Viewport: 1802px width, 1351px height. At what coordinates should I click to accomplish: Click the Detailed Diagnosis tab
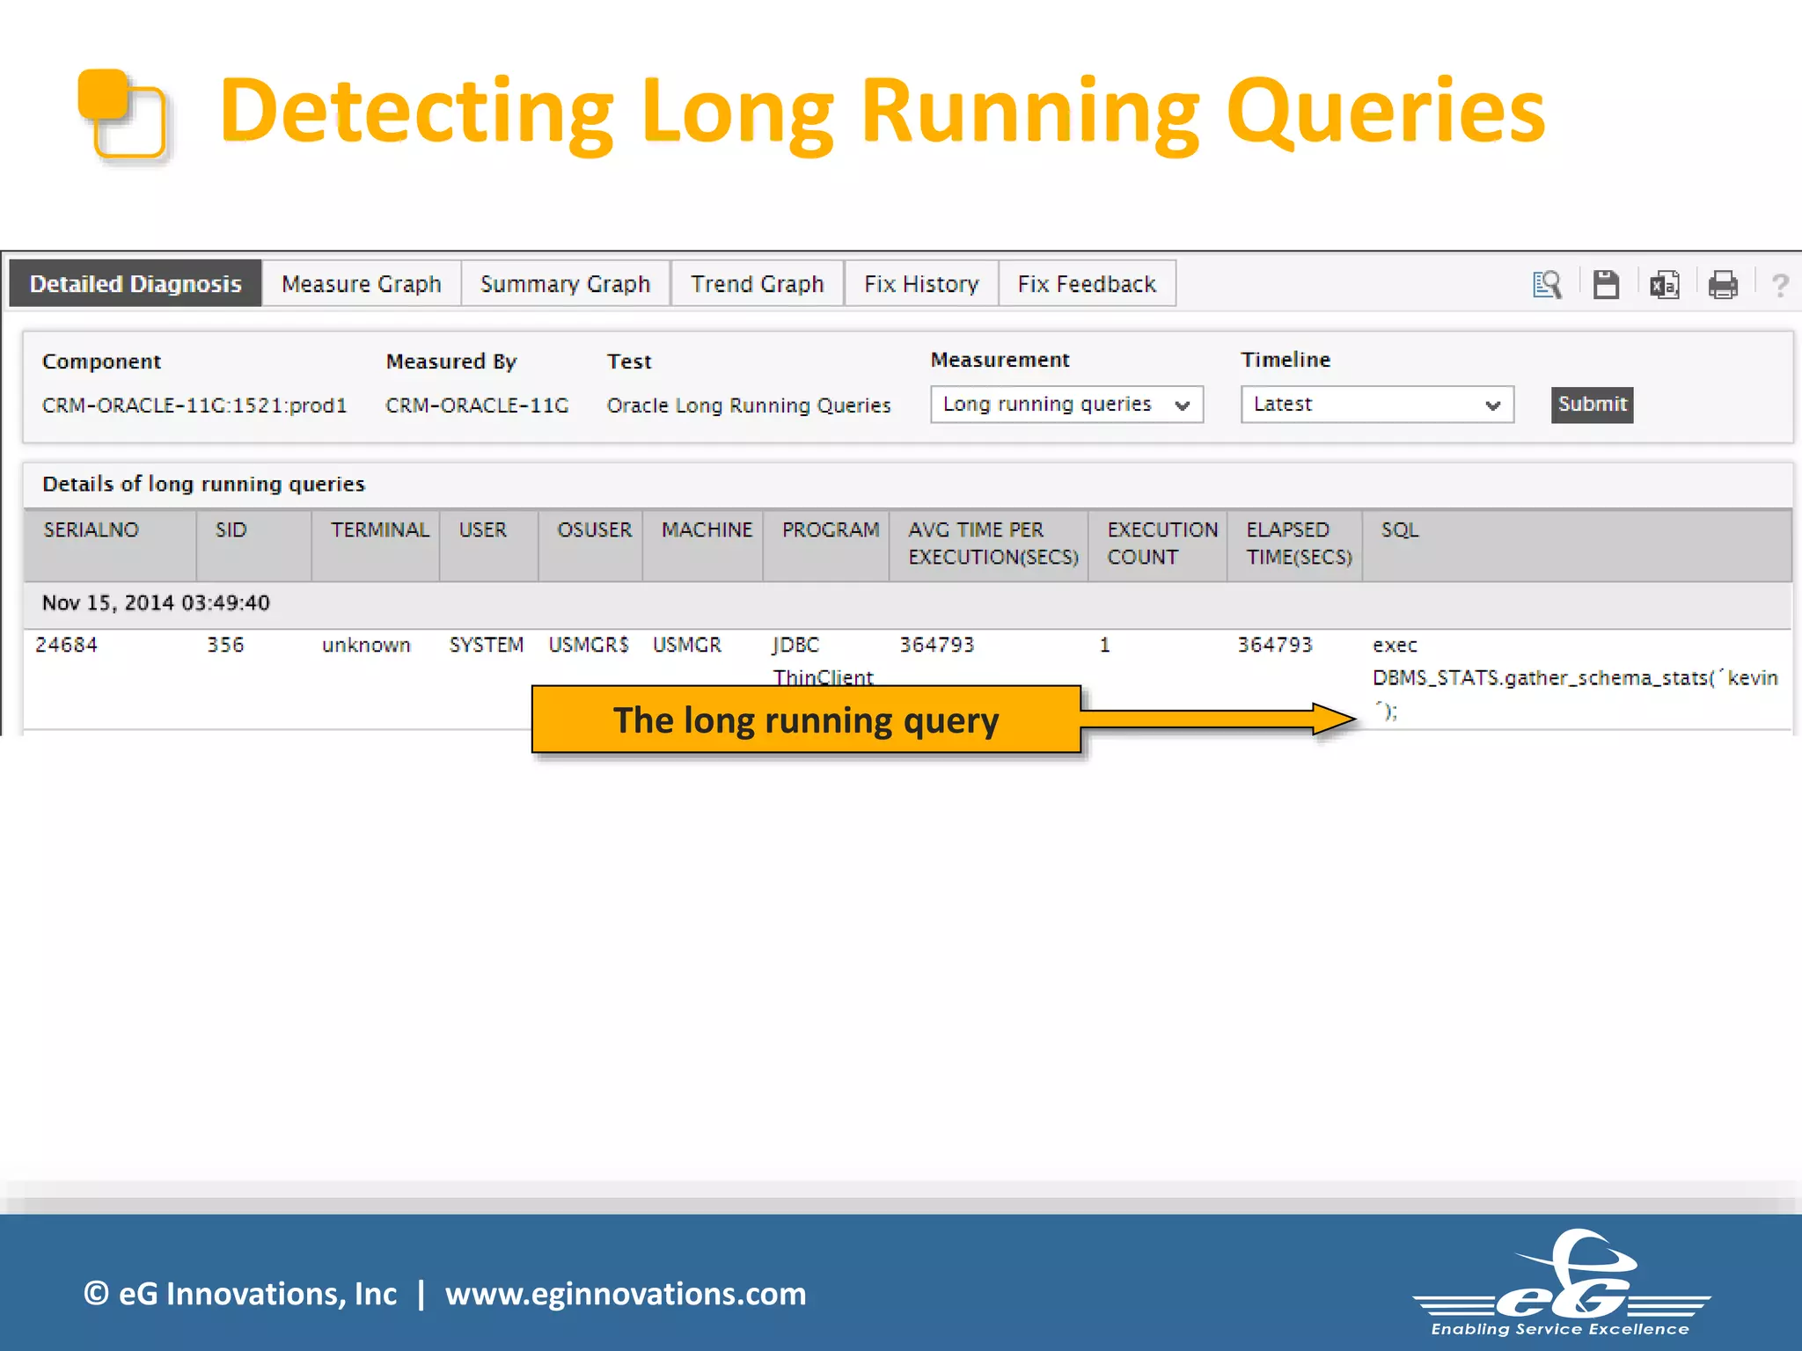tap(136, 284)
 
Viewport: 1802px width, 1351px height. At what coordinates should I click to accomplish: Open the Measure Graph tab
tap(361, 284)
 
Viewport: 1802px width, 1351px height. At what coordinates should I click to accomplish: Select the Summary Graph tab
tap(565, 284)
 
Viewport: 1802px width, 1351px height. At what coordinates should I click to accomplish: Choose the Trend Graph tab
tap(757, 284)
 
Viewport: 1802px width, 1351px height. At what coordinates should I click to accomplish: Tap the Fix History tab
tap(920, 284)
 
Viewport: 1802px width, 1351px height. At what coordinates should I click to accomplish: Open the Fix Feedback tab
tap(1087, 284)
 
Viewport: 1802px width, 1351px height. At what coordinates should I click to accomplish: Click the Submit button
tap(1592, 405)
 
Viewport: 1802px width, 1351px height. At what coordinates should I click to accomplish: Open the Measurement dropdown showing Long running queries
tap(1066, 405)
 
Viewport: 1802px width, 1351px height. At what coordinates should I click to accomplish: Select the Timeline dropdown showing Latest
tap(1376, 405)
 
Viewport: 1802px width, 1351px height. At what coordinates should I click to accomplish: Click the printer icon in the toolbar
tap(1722, 285)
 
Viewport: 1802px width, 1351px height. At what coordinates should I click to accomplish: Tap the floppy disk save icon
tap(1606, 285)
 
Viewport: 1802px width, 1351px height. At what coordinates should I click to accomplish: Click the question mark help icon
tap(1779, 285)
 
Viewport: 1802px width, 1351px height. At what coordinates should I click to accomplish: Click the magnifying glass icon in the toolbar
tap(1546, 285)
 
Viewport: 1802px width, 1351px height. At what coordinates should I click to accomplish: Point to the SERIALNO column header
tap(92, 530)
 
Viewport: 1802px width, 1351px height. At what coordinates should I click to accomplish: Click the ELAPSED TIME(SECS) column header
tap(1298, 544)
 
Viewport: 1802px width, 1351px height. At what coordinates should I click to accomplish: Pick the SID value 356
tap(225, 645)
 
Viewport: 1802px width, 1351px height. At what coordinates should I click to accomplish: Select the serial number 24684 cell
tap(67, 645)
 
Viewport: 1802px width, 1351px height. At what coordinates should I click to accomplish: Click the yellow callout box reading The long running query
tap(806, 720)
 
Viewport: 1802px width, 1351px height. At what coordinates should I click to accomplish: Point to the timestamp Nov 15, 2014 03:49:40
tap(156, 603)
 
